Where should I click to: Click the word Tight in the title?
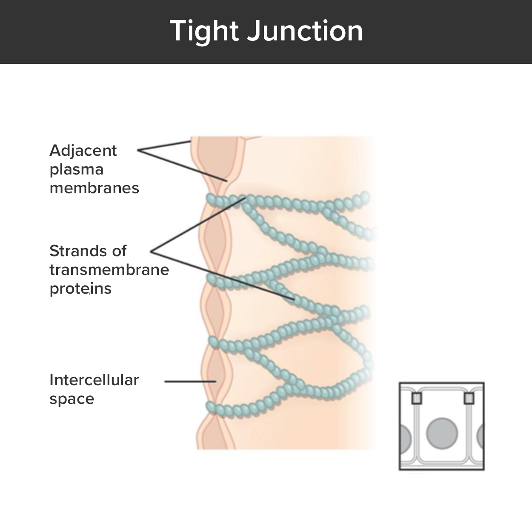[204, 31]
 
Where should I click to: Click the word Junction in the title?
[305, 31]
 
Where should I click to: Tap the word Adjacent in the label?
[83, 151]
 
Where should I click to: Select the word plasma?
[77, 170]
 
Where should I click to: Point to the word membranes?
[94, 188]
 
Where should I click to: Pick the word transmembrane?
[109, 269]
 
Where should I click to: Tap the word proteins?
[80, 289]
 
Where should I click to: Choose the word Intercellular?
[94, 380]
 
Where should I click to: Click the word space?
[72, 399]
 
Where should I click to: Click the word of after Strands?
[119, 251]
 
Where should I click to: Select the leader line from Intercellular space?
[189, 381]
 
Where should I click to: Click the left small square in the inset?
[416, 398]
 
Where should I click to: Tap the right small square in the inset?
[469, 398]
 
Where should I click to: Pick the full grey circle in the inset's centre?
[442, 434]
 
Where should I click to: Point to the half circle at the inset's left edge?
[405, 437]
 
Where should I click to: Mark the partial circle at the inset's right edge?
[481, 437]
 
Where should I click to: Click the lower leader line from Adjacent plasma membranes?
[183, 166]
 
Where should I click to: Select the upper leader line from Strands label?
[198, 224]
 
